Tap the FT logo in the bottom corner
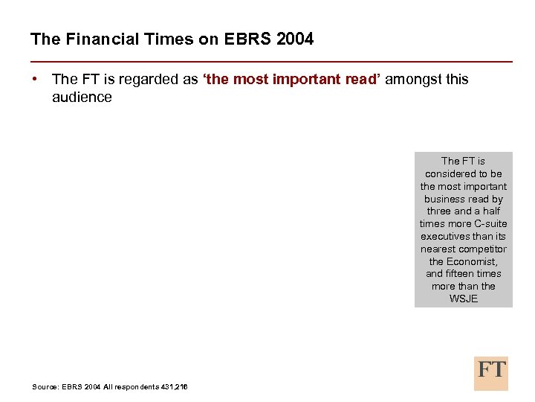(491, 373)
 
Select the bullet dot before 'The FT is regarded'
(36, 79)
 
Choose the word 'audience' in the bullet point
(82, 98)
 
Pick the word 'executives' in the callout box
(442, 236)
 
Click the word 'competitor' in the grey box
(483, 249)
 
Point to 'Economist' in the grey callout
(473, 261)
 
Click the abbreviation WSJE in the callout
(464, 299)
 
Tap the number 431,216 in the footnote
(172, 386)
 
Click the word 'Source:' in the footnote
(46, 386)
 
